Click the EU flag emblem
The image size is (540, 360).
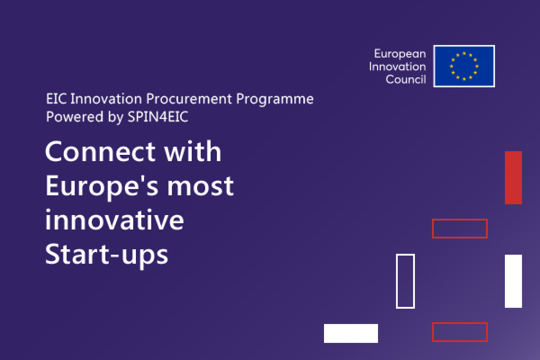coord(464,66)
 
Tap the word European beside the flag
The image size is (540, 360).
coord(400,54)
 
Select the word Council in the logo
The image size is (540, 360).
coord(406,79)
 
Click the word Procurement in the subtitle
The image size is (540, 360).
coord(189,99)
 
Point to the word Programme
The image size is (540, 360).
coord(275,99)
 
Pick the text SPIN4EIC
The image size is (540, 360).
coord(157,117)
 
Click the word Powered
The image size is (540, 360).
coord(75,117)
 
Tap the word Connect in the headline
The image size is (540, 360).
coord(100,152)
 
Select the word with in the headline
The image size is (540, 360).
coord(193,151)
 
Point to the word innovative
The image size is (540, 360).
coord(114,220)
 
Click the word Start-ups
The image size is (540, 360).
coord(107,255)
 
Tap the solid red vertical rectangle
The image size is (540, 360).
coord(513,178)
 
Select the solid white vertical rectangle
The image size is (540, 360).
coord(513,281)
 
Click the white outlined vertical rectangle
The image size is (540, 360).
coord(396,281)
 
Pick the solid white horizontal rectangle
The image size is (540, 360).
coord(351,333)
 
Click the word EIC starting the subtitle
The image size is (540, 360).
coord(56,99)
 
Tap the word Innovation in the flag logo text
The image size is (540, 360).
coord(397,67)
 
